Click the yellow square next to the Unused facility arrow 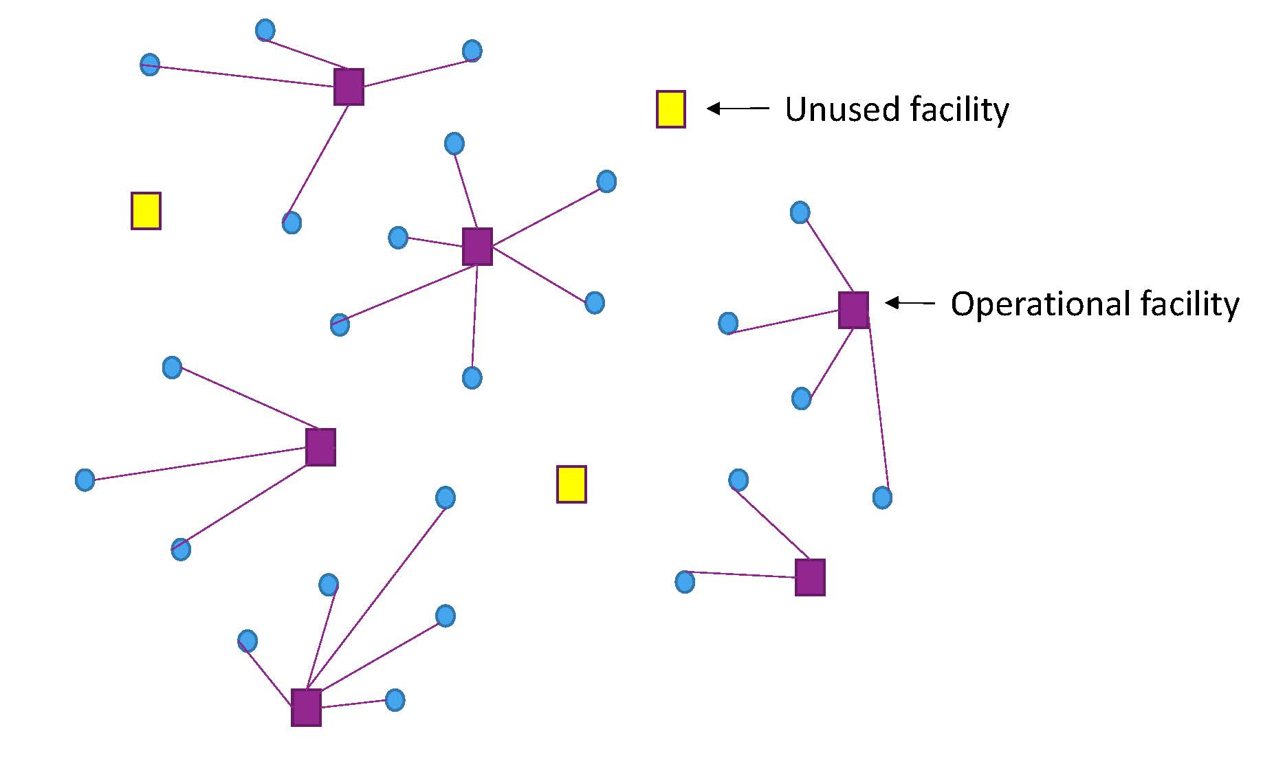point(670,109)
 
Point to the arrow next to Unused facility point(737,108)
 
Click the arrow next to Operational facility point(910,302)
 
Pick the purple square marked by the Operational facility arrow point(853,309)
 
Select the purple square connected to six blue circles point(477,247)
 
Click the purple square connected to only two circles point(810,577)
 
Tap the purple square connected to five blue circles point(306,707)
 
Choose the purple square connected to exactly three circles point(320,447)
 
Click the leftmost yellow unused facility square point(146,211)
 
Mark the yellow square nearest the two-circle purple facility point(571,484)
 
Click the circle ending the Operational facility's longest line point(882,497)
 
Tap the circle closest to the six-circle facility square point(398,238)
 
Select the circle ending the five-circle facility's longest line point(446,497)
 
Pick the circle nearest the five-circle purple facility point(395,700)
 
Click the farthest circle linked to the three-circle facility point(85,480)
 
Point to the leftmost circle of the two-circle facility point(685,582)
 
